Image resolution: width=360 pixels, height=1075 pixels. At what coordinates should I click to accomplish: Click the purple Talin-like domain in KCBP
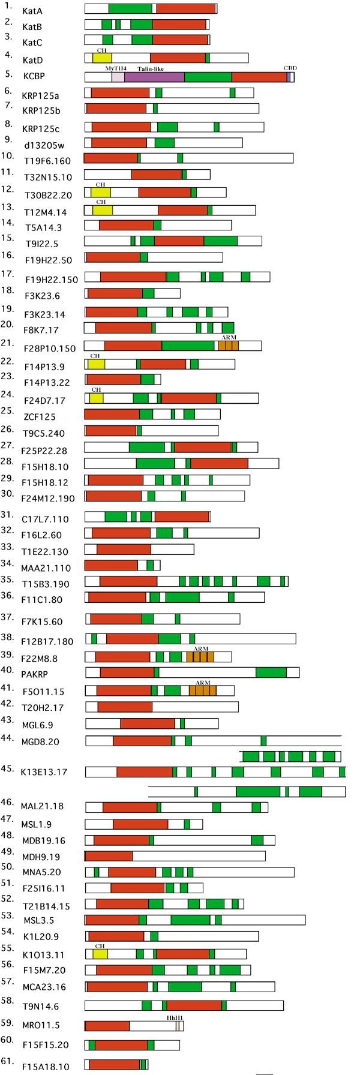point(154,77)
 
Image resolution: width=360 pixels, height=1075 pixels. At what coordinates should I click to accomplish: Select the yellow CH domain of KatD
point(102,58)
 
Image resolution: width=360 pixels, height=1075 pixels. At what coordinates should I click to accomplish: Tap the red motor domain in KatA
point(185,8)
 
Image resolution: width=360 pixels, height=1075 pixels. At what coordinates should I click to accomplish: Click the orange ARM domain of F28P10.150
point(228,346)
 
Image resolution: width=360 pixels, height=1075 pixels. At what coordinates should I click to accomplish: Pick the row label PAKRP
point(34,674)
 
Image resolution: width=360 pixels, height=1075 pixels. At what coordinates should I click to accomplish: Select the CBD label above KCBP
point(289,68)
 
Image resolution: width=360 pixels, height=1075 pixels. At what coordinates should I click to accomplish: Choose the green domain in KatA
point(130,8)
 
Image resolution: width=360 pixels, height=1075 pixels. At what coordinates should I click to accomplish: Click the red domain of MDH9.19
point(109,855)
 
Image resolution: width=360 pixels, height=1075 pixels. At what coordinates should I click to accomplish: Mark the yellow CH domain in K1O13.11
point(100,954)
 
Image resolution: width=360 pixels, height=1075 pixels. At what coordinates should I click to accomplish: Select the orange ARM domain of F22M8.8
point(200,657)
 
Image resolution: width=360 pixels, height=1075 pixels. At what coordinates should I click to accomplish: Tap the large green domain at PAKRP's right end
point(271,672)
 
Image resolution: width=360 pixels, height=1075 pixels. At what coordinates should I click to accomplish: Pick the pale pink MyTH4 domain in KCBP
point(118,77)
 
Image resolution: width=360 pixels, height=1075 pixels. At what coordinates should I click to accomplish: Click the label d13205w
point(40,145)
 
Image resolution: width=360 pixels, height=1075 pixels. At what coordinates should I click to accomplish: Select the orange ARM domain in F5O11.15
point(203,690)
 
